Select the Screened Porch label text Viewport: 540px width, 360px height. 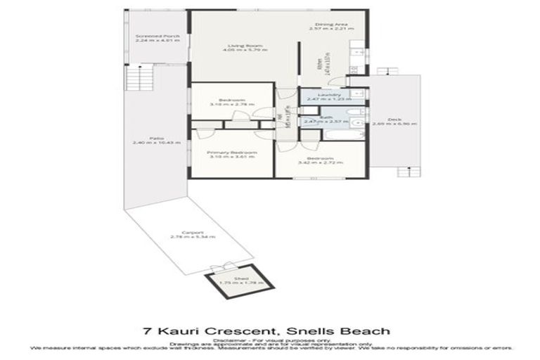pyautogui.click(x=157, y=35)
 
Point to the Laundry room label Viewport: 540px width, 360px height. pyautogui.click(x=330, y=95)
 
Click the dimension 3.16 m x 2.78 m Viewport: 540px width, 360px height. pyautogui.click(x=231, y=105)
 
